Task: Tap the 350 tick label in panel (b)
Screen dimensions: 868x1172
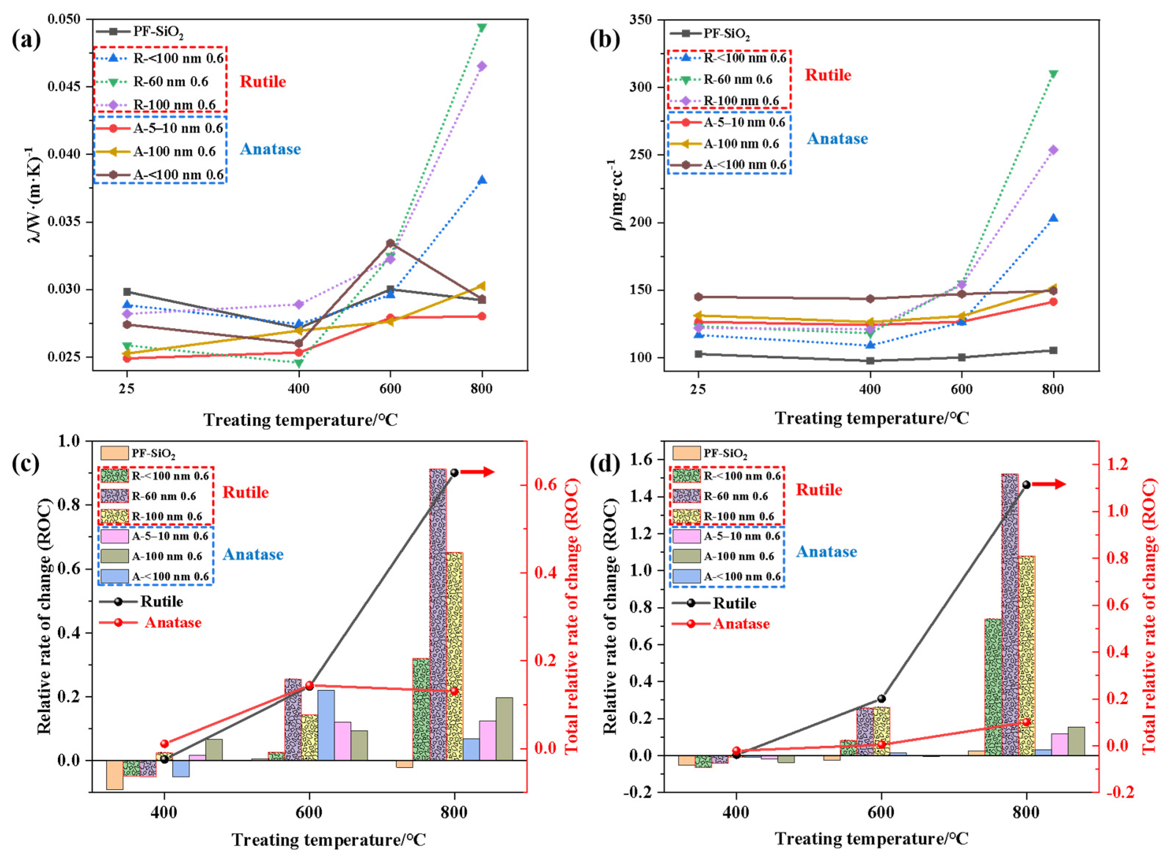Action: point(641,19)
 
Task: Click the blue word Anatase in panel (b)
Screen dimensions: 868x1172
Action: point(837,139)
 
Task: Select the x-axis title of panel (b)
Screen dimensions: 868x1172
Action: point(871,418)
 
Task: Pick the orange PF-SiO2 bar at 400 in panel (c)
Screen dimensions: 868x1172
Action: point(114,774)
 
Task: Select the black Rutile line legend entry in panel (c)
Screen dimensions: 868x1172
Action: point(142,601)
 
